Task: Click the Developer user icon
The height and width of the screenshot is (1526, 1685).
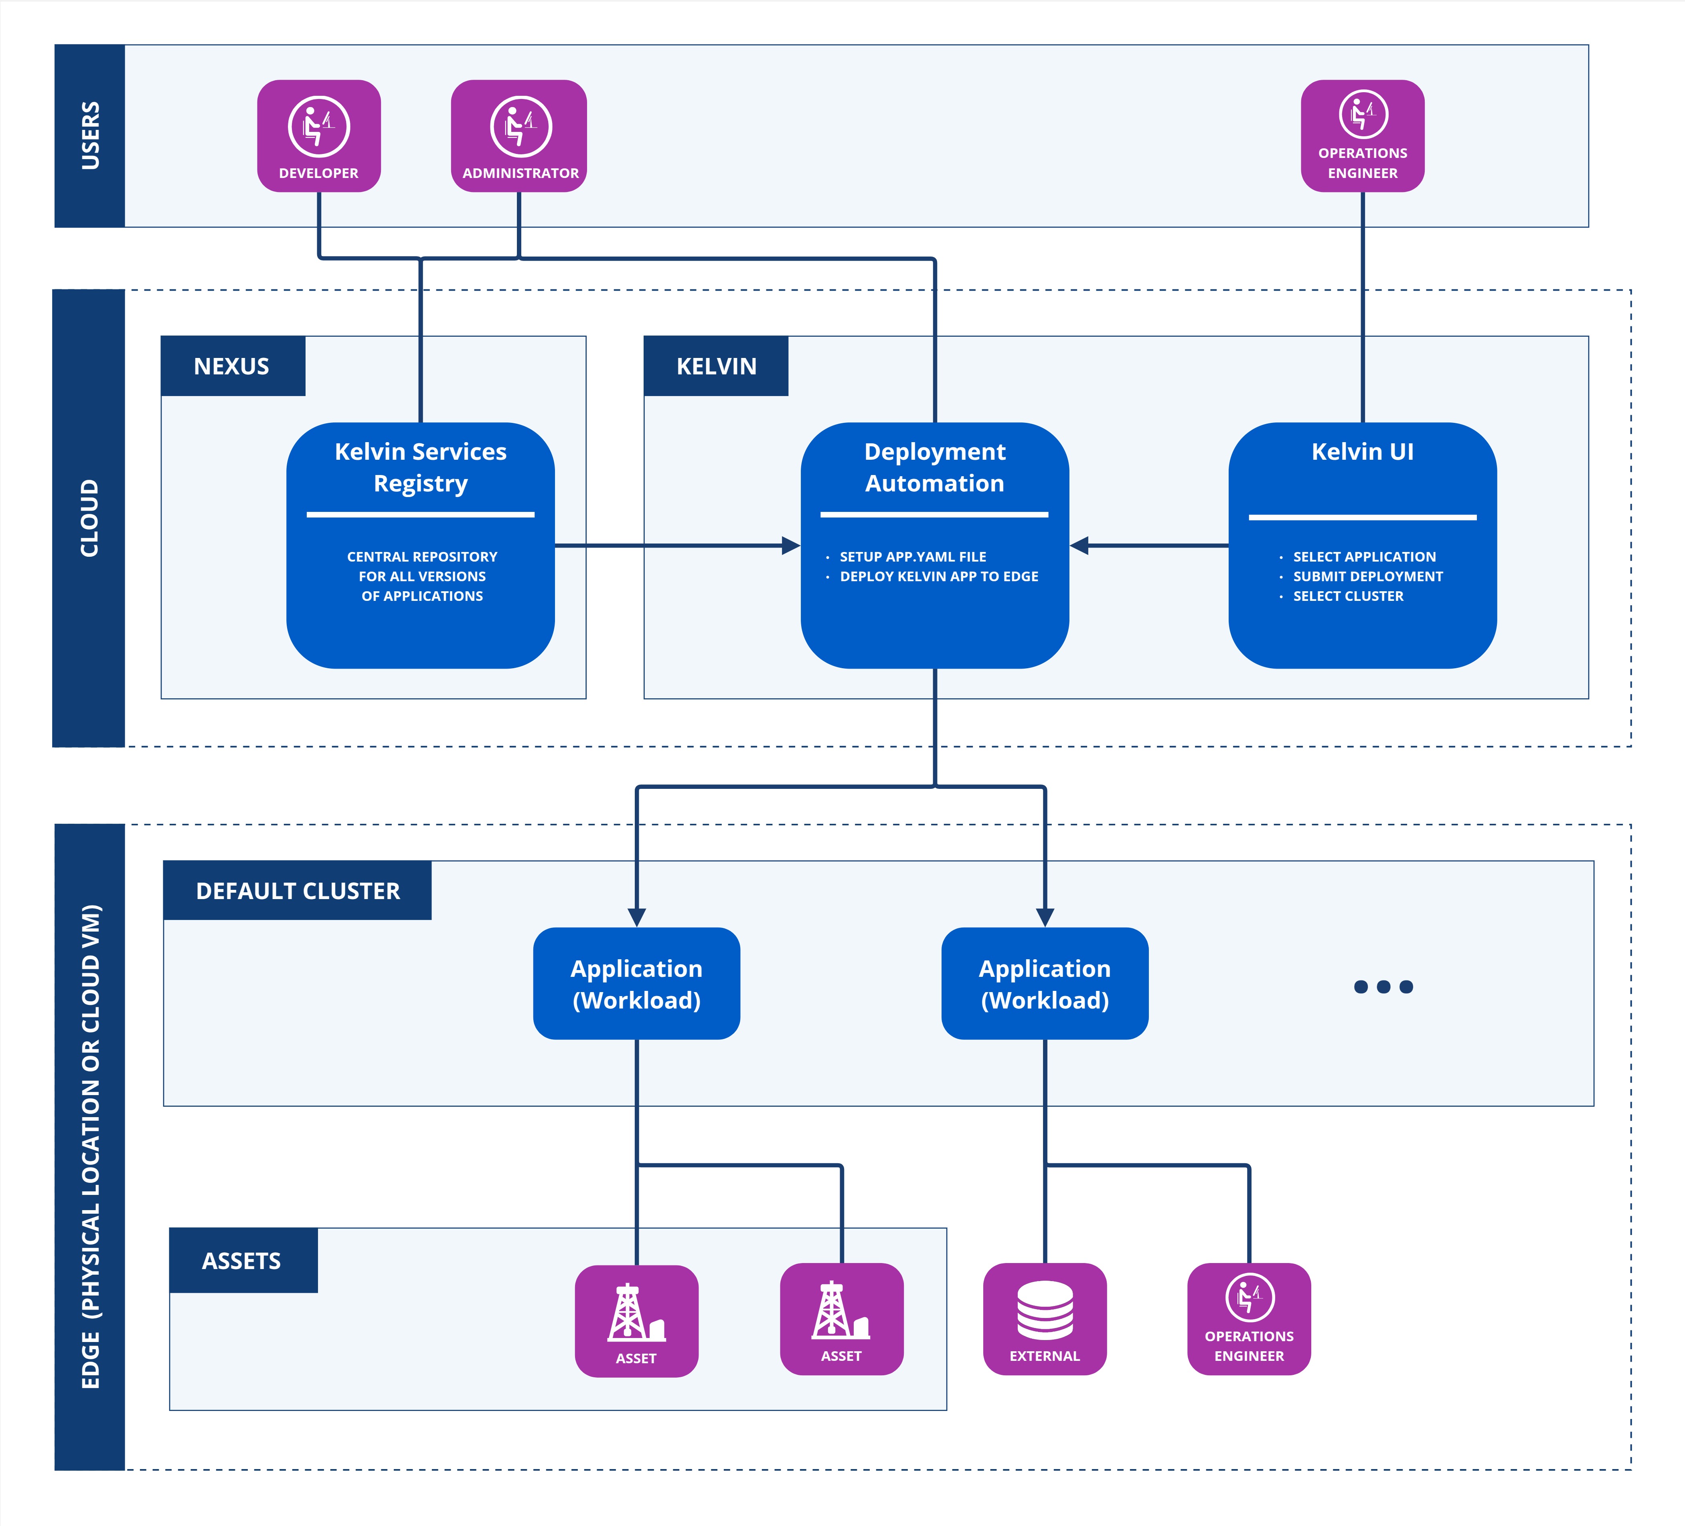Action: click(318, 127)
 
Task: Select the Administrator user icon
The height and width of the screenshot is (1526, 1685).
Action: click(520, 127)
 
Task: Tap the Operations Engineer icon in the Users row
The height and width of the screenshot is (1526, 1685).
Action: click(1362, 115)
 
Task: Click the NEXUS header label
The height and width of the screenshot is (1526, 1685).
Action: click(231, 366)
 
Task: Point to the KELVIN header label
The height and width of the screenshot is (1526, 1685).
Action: click(716, 366)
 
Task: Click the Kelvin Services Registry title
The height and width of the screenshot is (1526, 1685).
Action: click(420, 467)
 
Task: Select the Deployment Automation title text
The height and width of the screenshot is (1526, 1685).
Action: click(934, 467)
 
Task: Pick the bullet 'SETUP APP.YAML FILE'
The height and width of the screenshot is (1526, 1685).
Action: click(913, 557)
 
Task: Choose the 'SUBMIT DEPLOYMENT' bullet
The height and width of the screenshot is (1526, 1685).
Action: click(1367, 577)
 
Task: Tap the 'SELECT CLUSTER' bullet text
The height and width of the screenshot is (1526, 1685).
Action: click(1348, 596)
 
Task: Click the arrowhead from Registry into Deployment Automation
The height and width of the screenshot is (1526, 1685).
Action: click(790, 546)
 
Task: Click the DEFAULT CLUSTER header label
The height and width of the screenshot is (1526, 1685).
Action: click(298, 891)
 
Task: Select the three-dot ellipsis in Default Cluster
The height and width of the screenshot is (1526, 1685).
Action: click(1383, 987)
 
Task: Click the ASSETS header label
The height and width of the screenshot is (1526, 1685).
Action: click(241, 1261)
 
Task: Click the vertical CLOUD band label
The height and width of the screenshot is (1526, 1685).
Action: click(89, 518)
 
